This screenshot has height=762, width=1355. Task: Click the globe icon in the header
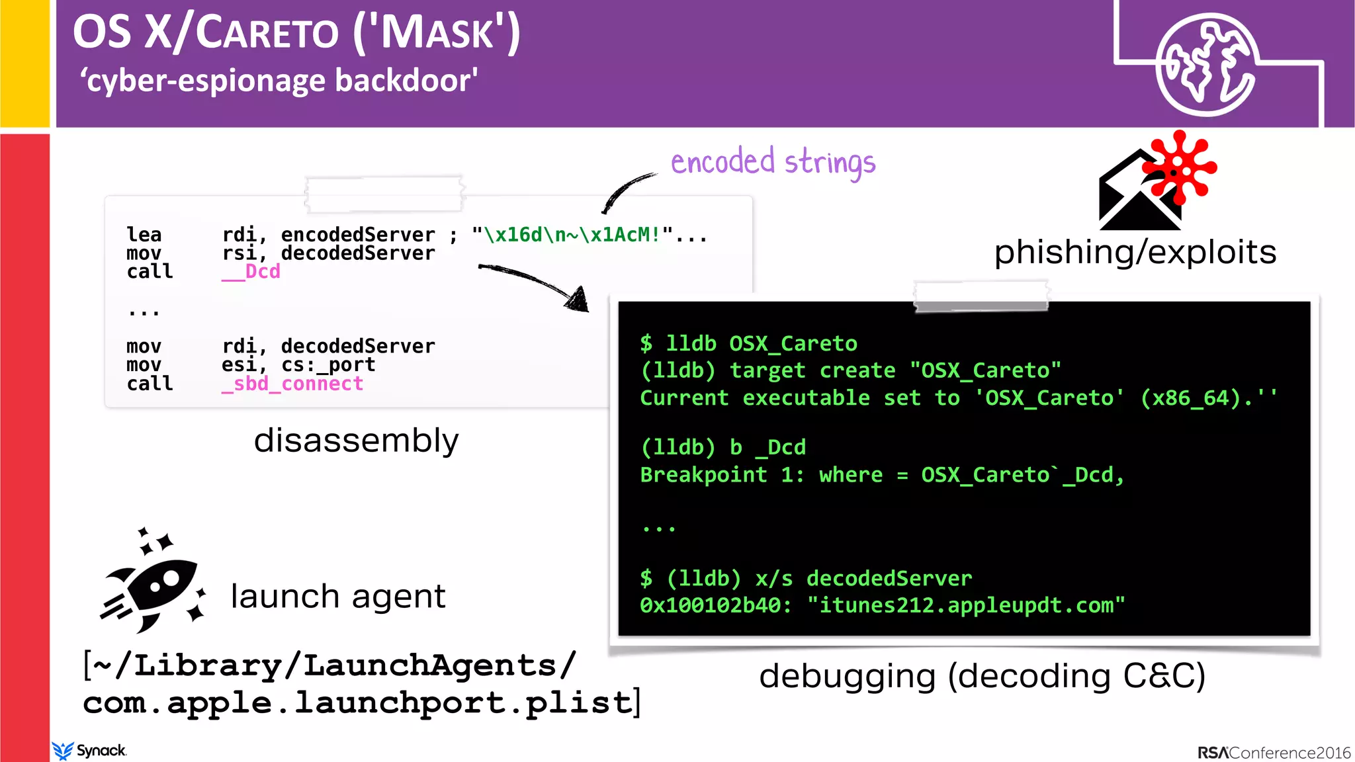(x=1205, y=64)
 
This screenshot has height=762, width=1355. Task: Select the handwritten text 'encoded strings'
(x=773, y=163)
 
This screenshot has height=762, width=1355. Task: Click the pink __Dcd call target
(x=251, y=272)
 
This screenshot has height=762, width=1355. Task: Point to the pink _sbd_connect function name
(x=292, y=384)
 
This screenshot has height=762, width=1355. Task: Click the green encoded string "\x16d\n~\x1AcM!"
(x=572, y=235)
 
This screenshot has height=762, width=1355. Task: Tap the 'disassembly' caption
(x=356, y=441)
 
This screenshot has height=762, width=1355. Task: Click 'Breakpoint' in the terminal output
(x=703, y=475)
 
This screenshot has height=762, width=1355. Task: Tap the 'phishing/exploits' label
(x=1135, y=252)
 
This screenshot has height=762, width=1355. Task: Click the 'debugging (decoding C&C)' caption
(x=982, y=676)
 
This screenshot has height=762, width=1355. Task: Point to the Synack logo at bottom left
(x=89, y=751)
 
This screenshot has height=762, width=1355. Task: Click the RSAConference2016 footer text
(x=1274, y=753)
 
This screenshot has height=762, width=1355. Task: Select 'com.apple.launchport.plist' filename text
(x=358, y=703)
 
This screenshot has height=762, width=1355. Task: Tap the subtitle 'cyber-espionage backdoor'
(x=279, y=81)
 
